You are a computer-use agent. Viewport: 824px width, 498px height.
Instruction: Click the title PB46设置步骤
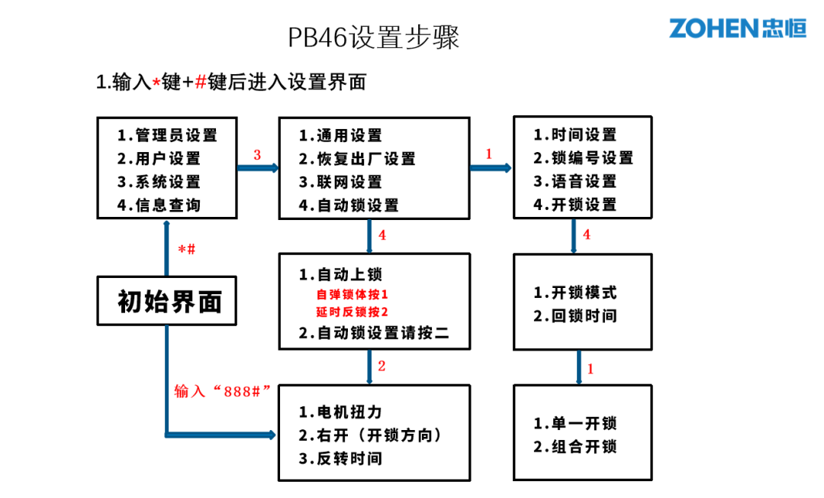coord(374,37)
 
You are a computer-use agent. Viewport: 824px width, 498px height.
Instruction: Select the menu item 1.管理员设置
coord(167,135)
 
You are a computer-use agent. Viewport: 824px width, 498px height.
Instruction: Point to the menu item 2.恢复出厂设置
coord(356,159)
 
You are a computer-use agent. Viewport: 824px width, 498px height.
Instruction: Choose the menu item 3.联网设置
coord(340,183)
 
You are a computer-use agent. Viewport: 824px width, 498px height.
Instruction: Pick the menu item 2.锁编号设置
coord(583,158)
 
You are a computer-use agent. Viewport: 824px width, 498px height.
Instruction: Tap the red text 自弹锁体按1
coord(352,294)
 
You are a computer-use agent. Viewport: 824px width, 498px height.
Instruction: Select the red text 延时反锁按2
coord(352,312)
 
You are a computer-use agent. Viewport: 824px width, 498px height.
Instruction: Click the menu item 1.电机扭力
coord(340,412)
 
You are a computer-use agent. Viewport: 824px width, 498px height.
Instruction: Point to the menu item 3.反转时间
coord(340,458)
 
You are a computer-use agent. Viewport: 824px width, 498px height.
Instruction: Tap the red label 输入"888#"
coord(223,391)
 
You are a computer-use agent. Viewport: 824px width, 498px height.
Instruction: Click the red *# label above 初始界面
coord(186,250)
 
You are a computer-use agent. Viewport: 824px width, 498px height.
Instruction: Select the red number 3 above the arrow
coord(257,155)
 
